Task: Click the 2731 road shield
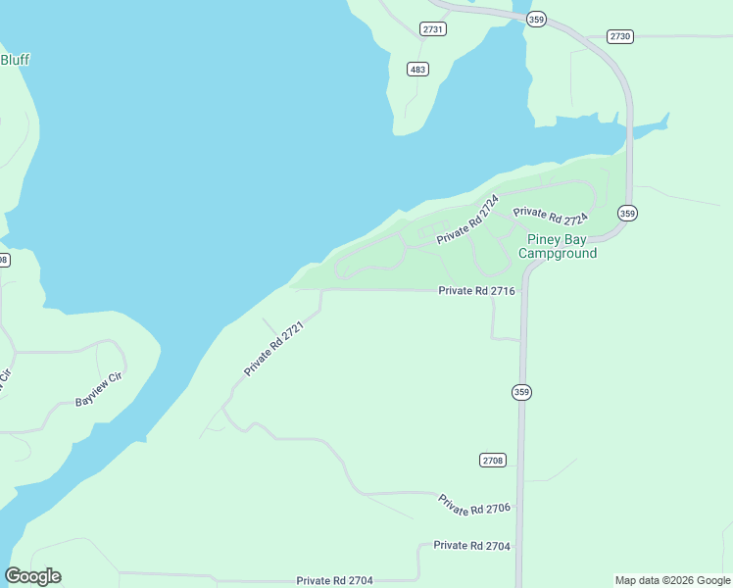point(433,29)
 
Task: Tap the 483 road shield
point(417,69)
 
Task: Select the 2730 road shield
point(620,36)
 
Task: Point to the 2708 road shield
point(493,460)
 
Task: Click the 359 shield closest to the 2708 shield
point(521,392)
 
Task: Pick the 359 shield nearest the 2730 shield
point(535,20)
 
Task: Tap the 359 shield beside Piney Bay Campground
point(627,213)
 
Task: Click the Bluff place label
point(15,60)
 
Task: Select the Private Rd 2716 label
point(476,291)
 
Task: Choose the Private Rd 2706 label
point(475,505)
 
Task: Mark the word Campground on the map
point(557,254)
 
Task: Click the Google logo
point(32,576)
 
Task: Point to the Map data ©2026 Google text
point(672,580)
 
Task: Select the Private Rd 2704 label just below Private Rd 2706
point(471,546)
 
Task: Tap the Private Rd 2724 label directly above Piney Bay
point(550,214)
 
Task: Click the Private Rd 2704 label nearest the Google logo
point(334,581)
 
